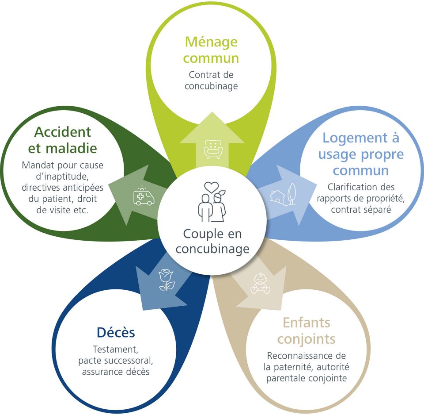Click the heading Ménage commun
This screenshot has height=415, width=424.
[211, 50]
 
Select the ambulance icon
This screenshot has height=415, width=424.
[144, 196]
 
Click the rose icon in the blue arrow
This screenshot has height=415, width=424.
[166, 280]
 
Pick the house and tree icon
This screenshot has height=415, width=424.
[283, 193]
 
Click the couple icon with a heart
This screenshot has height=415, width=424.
[212, 201]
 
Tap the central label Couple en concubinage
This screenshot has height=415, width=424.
[212, 241]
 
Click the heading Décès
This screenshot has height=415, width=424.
[116, 332]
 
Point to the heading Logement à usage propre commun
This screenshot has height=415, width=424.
[361, 154]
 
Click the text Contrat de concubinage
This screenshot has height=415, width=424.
[211, 80]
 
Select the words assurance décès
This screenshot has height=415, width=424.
[116, 371]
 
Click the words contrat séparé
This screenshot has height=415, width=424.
[361, 210]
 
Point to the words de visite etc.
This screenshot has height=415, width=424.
[62, 210]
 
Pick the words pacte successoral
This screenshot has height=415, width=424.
[116, 360]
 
